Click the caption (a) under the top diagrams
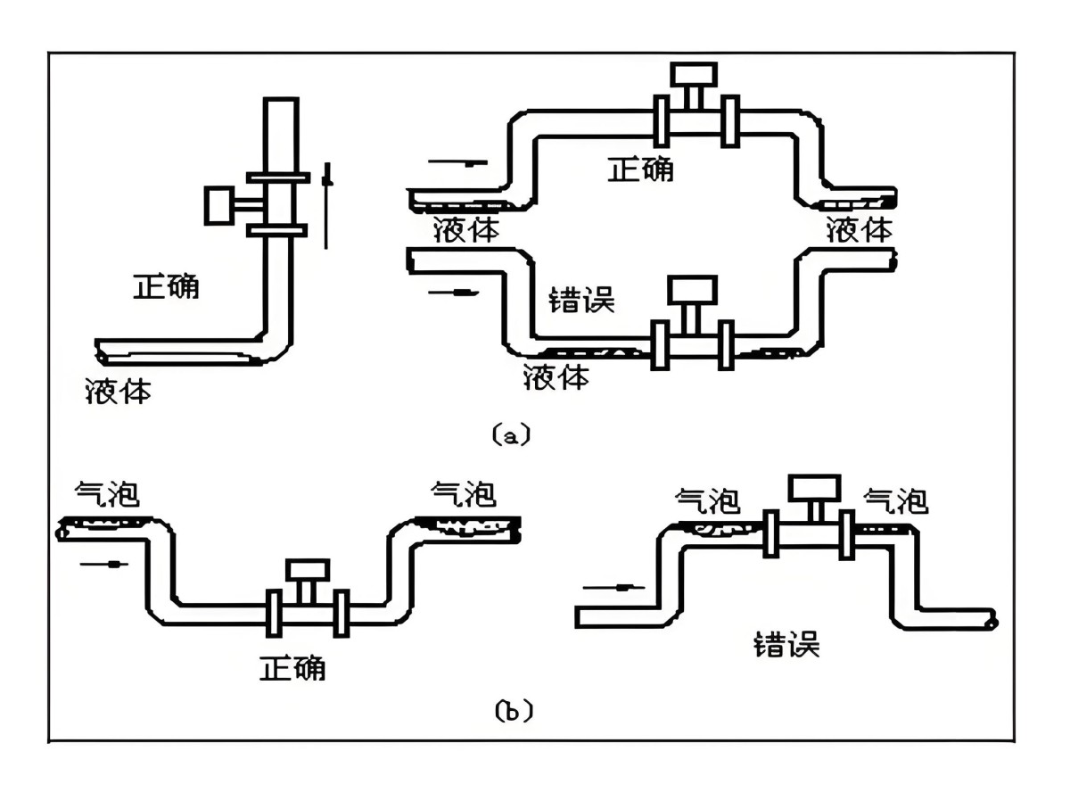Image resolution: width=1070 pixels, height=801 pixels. click(511, 435)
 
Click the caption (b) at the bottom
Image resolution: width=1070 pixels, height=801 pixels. click(513, 711)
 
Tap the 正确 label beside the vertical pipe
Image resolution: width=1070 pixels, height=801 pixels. click(166, 286)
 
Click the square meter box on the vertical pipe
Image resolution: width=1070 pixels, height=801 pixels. click(220, 205)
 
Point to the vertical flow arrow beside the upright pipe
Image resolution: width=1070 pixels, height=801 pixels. click(327, 205)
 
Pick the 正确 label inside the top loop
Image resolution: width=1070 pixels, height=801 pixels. click(640, 169)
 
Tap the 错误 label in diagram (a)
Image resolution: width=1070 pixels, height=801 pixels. click(582, 300)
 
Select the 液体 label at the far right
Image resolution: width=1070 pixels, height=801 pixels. click(859, 229)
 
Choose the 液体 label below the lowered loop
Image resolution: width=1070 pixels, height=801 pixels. click(556, 377)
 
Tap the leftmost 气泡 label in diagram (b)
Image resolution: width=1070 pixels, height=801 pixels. click(107, 492)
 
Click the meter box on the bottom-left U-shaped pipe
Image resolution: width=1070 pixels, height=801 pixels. click(307, 570)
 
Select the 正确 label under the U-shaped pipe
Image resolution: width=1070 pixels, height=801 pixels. click(292, 667)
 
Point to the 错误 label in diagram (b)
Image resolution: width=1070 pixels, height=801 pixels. click(786, 643)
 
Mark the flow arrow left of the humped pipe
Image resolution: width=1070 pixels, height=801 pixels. click(611, 588)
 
